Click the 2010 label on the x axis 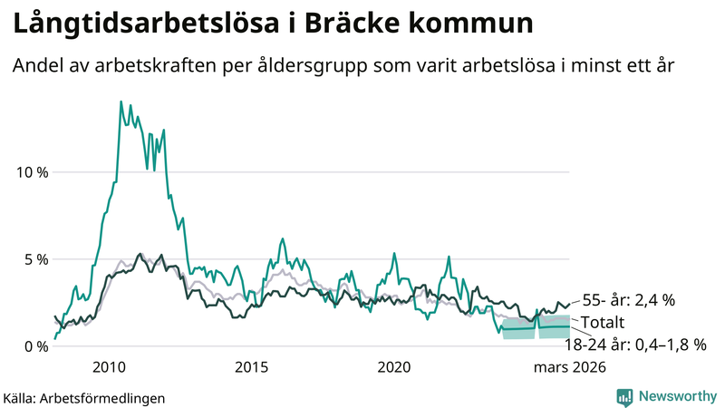tap(109, 367)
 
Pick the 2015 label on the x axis tap(251, 367)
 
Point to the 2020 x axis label tap(393, 367)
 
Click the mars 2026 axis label tap(568, 367)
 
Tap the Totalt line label tap(603, 322)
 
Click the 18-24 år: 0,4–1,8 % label tap(634, 345)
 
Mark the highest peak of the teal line tap(121, 102)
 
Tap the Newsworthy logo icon tap(624, 396)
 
